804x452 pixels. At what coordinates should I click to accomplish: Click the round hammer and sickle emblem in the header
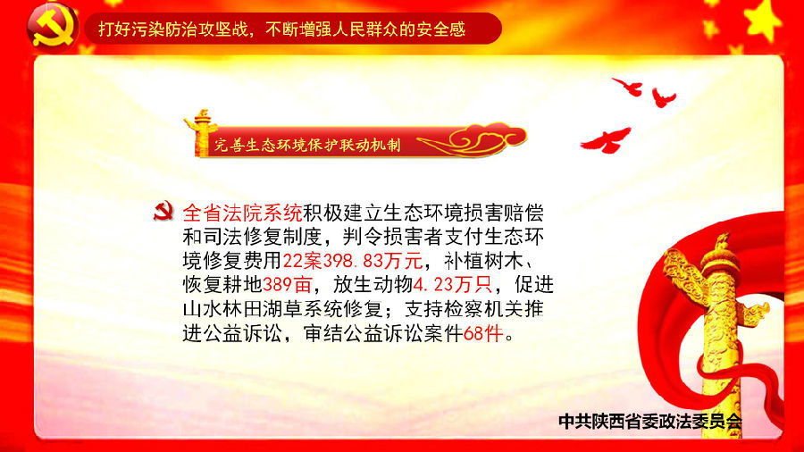53,27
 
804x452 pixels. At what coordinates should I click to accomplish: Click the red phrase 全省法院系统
242,213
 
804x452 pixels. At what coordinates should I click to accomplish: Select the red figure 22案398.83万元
352,261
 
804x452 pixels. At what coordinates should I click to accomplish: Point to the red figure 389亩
287,284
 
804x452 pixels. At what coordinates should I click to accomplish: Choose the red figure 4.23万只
452,284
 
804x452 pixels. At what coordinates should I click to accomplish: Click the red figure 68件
482,334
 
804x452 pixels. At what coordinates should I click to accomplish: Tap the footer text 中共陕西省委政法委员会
650,422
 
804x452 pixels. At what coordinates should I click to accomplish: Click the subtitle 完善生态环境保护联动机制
307,145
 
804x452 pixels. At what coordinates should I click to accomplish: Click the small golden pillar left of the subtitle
201,132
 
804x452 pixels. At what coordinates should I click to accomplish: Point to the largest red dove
606,140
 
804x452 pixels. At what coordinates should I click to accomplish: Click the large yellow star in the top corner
764,21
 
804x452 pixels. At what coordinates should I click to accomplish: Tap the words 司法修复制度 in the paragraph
263,237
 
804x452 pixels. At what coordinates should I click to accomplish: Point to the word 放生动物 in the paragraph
373,284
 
